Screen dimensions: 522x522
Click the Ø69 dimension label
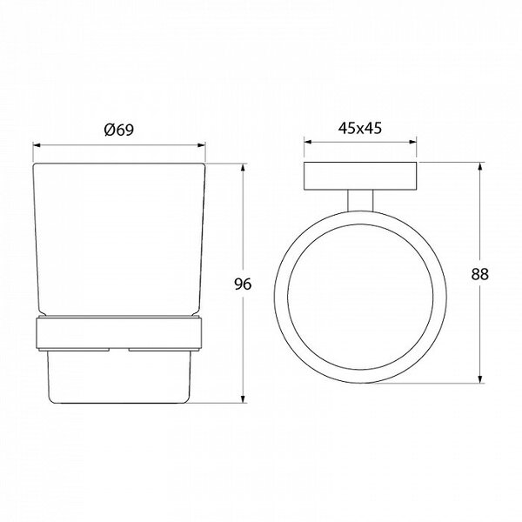tap(119, 130)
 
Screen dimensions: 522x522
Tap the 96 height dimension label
tap(243, 284)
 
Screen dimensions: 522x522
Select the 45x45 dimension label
tap(360, 128)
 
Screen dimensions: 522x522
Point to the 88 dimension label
tap(479, 274)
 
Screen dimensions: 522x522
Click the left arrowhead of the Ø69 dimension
tap(37, 145)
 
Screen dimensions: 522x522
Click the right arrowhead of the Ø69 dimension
tap(202, 145)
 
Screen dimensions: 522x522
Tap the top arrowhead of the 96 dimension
tap(244, 167)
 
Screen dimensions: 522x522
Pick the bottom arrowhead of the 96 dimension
tap(244, 398)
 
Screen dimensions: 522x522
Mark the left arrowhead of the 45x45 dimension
tap(308, 142)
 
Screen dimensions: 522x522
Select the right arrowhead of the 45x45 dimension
tap(412, 142)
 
